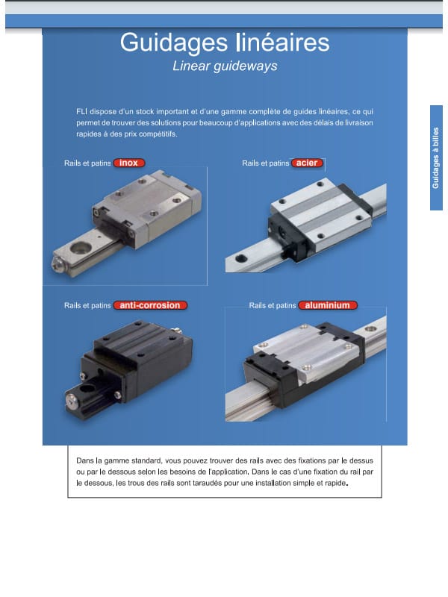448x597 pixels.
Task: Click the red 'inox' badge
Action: click(x=129, y=163)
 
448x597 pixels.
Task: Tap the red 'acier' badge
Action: click(x=307, y=163)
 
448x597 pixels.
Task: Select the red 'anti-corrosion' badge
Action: click(x=150, y=305)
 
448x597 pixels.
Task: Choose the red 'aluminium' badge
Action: click(x=328, y=305)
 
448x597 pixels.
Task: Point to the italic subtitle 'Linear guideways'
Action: click(x=225, y=66)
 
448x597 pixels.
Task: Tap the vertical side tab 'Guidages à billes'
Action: click(x=436, y=157)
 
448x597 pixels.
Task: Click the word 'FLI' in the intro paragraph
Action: click(x=81, y=111)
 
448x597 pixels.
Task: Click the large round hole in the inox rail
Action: click(x=81, y=249)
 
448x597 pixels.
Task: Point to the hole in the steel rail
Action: click(x=240, y=258)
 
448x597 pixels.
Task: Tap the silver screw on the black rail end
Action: click(x=71, y=400)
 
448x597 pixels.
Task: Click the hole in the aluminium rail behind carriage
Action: click(x=370, y=329)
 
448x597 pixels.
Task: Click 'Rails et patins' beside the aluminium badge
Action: click(x=273, y=305)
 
